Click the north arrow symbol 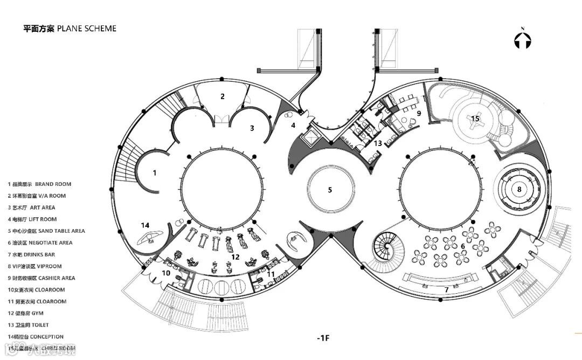tap(523, 39)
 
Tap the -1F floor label tap(323, 338)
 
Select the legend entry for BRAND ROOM tap(39, 184)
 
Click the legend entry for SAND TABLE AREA tap(46, 231)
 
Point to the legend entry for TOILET tap(28, 325)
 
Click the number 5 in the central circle tap(330, 190)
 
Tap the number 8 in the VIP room tap(519, 189)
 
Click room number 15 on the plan tap(475, 118)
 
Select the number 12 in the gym tap(235, 257)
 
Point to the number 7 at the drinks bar tap(446, 290)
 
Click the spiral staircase tap(387, 247)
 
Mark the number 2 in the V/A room tap(222, 96)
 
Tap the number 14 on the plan tap(145, 225)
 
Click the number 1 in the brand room tap(155, 173)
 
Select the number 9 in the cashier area tap(418, 113)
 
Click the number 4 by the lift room tap(293, 126)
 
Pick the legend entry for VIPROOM tap(35, 266)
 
